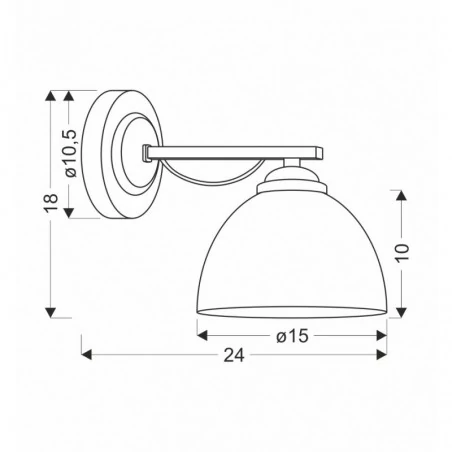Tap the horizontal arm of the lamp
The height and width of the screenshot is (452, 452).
tap(235, 152)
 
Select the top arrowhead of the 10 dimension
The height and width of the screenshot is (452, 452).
tap(401, 189)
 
